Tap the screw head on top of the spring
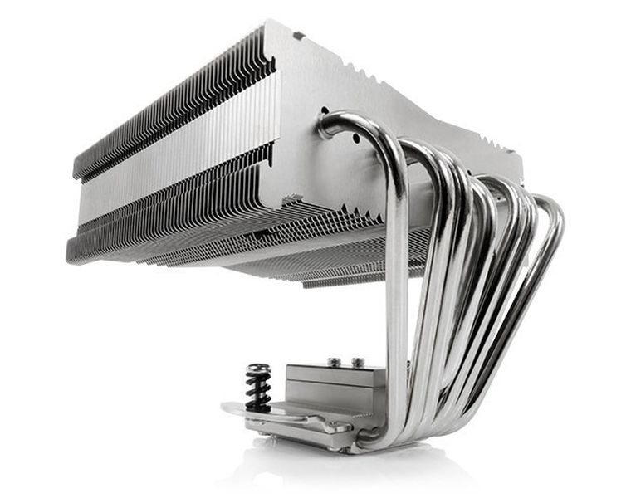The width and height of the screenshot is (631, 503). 257,369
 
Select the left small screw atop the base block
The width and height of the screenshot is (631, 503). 333,362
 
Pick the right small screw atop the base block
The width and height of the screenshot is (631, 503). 358,363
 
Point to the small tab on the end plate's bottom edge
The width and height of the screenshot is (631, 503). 292,199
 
